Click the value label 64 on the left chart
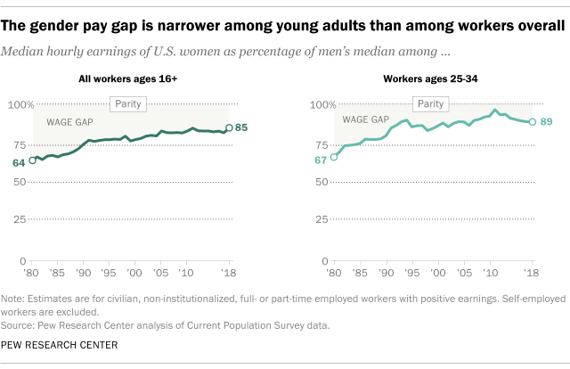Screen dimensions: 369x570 point(19,162)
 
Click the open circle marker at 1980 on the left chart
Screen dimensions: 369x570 point(33,160)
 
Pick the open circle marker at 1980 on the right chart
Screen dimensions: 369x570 point(334,157)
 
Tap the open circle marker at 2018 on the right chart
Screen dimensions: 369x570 point(532,122)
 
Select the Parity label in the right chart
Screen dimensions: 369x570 point(431,104)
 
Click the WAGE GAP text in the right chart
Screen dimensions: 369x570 point(365,119)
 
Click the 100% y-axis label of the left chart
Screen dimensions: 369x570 point(16,104)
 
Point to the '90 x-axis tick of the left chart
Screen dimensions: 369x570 point(83,273)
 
